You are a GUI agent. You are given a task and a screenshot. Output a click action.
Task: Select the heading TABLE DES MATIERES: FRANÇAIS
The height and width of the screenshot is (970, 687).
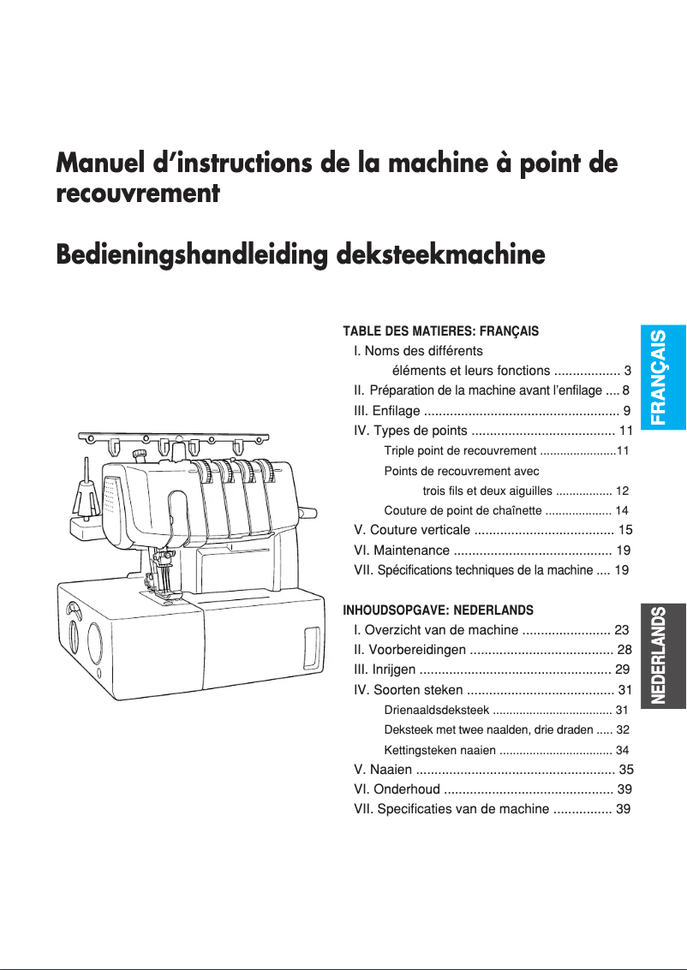pos(440,331)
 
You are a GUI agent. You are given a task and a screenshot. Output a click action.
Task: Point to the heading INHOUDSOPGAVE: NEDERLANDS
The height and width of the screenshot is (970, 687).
pos(438,610)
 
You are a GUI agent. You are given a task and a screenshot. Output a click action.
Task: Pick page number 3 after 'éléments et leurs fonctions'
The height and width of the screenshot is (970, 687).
pos(628,371)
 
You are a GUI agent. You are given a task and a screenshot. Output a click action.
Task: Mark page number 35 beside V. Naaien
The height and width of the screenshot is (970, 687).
pos(625,769)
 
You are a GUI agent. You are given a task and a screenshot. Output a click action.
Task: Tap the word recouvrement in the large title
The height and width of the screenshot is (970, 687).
pos(137,193)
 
